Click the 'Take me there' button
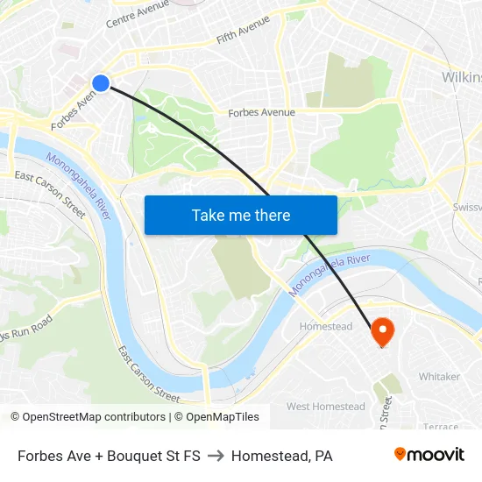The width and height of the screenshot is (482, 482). click(x=241, y=215)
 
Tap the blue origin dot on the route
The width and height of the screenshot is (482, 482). click(x=101, y=83)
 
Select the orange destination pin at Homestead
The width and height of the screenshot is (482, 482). click(x=383, y=331)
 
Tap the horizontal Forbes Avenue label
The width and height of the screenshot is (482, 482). click(x=261, y=112)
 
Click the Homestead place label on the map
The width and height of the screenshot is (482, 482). click(x=326, y=326)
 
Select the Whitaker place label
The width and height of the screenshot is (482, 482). click(x=439, y=376)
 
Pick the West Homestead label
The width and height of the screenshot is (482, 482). click(x=325, y=407)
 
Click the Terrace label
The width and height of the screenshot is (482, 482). click(x=441, y=427)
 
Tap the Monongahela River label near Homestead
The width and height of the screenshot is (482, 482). click(x=332, y=274)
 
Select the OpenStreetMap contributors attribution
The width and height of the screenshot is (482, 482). click(x=88, y=417)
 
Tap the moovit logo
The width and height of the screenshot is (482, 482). click(x=429, y=455)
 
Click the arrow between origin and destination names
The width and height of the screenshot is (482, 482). click(x=216, y=456)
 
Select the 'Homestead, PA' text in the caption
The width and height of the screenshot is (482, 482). click(x=281, y=456)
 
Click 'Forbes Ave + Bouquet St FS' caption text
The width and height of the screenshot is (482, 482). click(x=109, y=456)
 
